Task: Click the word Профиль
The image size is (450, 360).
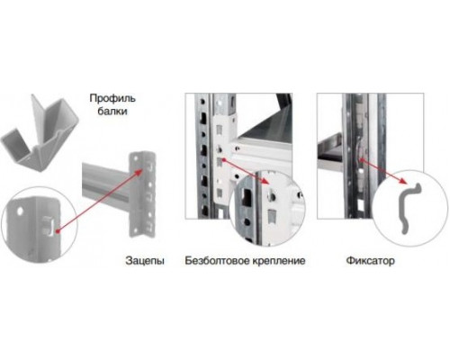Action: click(112, 99)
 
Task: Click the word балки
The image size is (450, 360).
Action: click(112, 112)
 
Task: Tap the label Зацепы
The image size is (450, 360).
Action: click(145, 260)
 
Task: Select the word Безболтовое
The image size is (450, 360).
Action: click(217, 260)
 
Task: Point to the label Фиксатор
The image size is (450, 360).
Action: click(371, 260)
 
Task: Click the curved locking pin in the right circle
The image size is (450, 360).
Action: click(409, 208)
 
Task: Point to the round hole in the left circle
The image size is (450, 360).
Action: click(20, 211)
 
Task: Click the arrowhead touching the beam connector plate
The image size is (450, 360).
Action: click(139, 172)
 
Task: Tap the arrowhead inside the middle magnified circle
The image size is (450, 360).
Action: click(265, 181)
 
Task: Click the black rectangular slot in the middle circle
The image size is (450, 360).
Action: click(247, 197)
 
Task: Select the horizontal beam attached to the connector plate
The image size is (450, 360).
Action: click(105, 184)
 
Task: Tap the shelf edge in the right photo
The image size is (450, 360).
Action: click(330, 161)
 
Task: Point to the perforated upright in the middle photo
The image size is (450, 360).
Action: click(204, 156)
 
